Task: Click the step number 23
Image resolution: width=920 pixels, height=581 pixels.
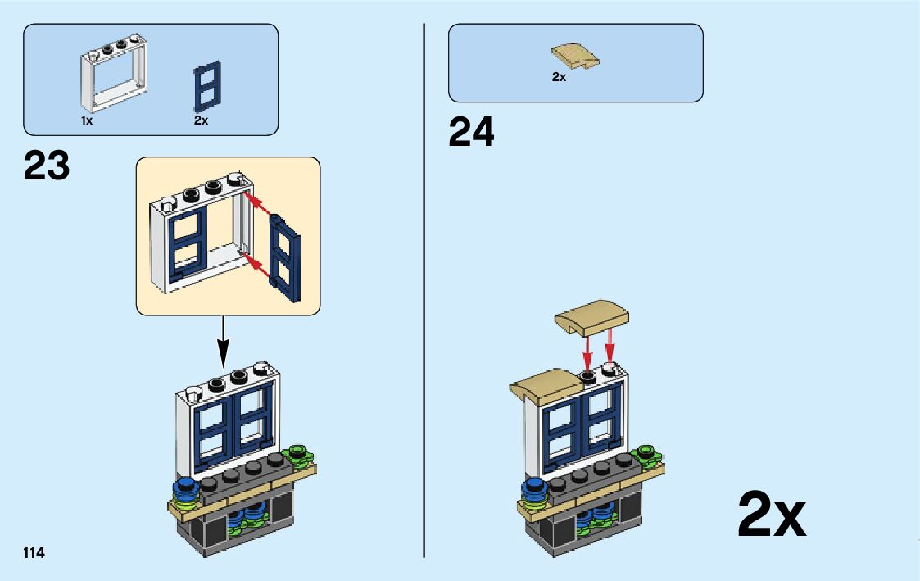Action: [x=47, y=166]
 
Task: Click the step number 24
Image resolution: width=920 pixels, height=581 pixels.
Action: [x=471, y=133]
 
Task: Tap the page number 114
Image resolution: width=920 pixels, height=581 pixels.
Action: [x=34, y=552]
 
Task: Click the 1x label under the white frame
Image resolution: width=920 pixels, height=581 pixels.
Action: [x=87, y=120]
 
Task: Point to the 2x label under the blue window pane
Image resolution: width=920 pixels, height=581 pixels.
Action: [x=202, y=120]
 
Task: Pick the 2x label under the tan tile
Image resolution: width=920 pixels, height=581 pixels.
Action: [x=559, y=77]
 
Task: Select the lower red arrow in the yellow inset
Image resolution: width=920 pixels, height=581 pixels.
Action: [x=258, y=265]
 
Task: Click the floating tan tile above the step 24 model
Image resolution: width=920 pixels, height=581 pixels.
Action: [x=594, y=320]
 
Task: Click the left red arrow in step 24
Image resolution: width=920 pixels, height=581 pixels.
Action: [x=587, y=352]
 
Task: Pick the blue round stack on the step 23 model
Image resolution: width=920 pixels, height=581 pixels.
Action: [x=188, y=492]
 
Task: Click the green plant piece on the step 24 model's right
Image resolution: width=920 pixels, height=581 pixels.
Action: [x=646, y=452]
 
